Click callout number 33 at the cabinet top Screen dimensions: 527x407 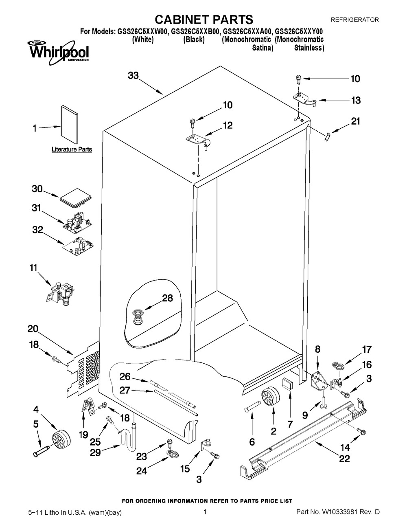tap(133, 75)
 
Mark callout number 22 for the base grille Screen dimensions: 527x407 tap(344, 459)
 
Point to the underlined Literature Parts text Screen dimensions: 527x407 tap(72, 149)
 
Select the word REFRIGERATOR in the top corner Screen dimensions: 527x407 tap(354, 19)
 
